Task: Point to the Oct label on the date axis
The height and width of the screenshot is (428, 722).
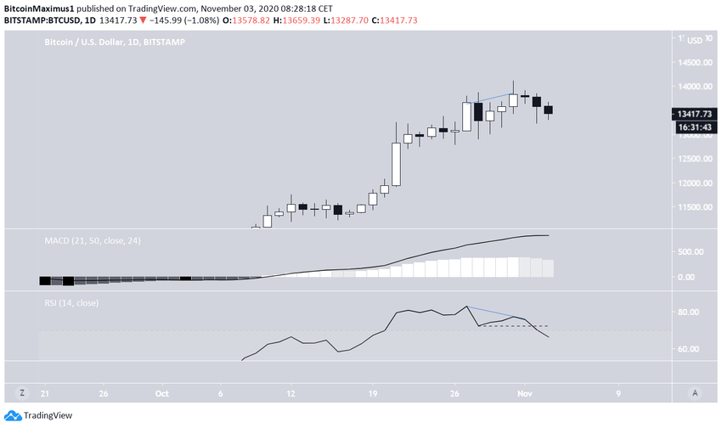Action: tap(161, 394)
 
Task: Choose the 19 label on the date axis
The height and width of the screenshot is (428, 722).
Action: tap(372, 394)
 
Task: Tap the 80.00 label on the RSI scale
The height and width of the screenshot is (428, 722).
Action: tap(686, 313)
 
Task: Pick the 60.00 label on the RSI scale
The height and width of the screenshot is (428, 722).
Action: tap(686, 349)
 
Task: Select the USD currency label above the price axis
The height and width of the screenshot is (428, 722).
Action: tap(694, 41)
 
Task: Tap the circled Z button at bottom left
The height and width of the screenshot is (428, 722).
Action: tap(23, 393)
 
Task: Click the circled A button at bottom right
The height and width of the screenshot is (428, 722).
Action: tap(695, 393)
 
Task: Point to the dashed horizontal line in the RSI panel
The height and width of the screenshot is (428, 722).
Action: tap(514, 326)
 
